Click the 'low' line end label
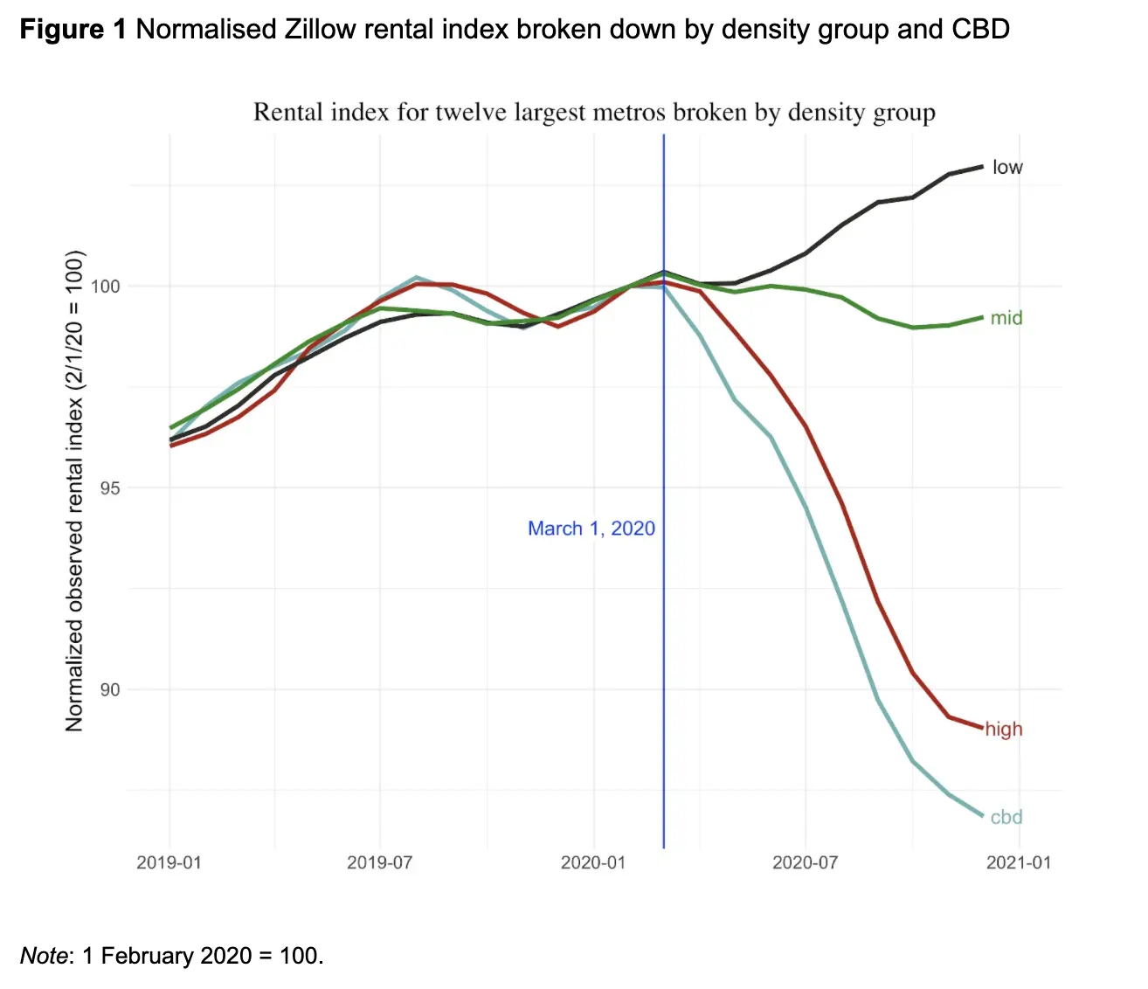(x=1006, y=167)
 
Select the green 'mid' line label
(x=1006, y=318)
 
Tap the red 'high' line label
(x=1004, y=729)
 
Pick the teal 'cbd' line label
(x=1006, y=817)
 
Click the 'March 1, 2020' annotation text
(x=591, y=529)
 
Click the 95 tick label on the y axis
(x=109, y=488)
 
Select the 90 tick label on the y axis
(x=109, y=690)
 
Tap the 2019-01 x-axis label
(x=169, y=863)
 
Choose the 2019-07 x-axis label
(x=379, y=863)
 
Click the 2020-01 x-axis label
(x=592, y=863)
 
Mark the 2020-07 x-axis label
(x=805, y=863)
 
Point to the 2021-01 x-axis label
(x=1018, y=863)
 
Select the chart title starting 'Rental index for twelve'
(x=594, y=113)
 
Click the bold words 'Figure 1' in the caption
(x=73, y=30)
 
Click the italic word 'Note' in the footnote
(x=43, y=955)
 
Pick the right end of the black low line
(x=982, y=166)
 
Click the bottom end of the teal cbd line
(x=982, y=816)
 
